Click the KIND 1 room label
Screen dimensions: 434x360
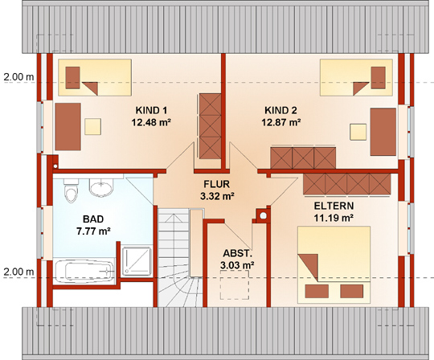point(151,110)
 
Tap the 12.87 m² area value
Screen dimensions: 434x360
point(281,122)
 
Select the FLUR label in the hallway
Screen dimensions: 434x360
point(216,184)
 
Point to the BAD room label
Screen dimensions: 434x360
point(93,219)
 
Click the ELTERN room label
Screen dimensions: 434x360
point(334,207)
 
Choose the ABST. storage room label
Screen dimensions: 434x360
point(237,253)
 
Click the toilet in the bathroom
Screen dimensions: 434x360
point(72,190)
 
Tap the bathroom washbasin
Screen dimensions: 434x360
point(101,187)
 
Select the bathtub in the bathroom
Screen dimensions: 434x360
point(84,271)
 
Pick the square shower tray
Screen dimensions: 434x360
point(137,261)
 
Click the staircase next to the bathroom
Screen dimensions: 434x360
point(180,257)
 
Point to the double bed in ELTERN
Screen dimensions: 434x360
point(334,265)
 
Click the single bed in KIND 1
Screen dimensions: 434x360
point(95,77)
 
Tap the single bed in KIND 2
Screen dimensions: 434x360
point(357,77)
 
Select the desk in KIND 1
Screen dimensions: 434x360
point(68,126)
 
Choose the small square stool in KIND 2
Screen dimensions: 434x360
point(358,132)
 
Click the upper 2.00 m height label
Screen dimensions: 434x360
point(18,77)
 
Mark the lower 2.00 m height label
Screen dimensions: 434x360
point(18,272)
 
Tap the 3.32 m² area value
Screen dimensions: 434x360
point(217,196)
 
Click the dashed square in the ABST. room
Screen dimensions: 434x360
point(235,284)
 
